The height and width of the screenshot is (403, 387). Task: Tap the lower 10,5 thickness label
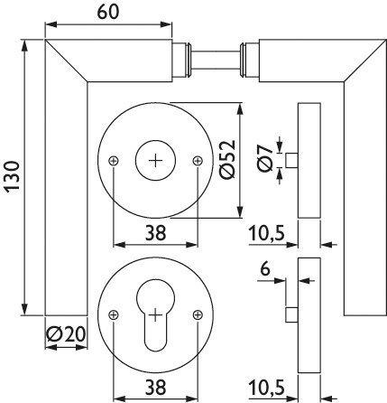(268, 387)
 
